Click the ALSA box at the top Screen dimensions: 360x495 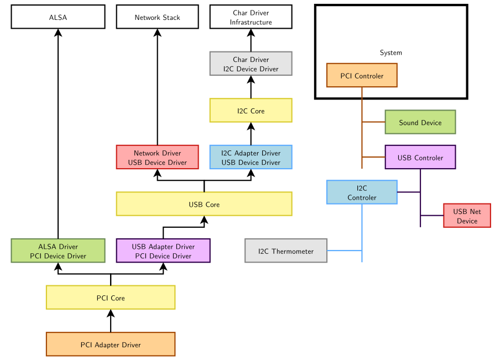(58, 17)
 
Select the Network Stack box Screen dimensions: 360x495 (157, 17)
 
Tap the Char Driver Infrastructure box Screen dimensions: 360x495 (251, 17)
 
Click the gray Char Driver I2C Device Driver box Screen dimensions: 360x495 (251, 64)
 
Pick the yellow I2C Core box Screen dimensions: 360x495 (251, 111)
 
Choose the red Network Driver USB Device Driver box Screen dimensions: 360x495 (157, 157)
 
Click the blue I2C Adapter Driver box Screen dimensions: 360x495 (251, 157)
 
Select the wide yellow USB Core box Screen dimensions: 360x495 (204, 204)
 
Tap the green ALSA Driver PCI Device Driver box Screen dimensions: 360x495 (58, 251)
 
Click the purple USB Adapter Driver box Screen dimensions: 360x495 (163, 251)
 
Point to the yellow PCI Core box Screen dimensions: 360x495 (111, 298)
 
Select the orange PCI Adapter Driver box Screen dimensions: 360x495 (111, 344)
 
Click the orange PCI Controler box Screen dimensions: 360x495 (362, 75)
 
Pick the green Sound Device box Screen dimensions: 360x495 (420, 122)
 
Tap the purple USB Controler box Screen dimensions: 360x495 (420, 157)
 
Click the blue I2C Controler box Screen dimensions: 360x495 (362, 192)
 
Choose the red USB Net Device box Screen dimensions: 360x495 (467, 216)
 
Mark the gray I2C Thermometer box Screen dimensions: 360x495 (286, 251)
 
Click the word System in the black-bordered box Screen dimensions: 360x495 (390, 53)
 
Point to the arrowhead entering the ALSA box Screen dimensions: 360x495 (58, 33)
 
